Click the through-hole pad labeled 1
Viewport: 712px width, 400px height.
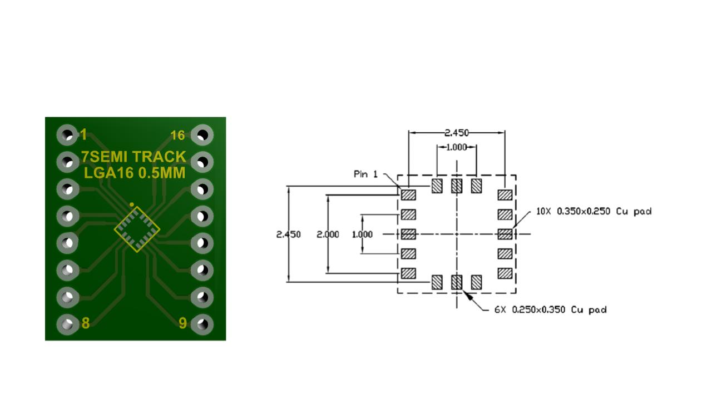click(x=67, y=135)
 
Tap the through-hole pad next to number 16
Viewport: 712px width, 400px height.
click(x=202, y=135)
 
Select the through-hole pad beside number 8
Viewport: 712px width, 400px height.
click(x=67, y=324)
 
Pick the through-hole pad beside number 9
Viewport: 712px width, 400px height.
click(x=202, y=324)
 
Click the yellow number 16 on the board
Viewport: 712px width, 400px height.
click(x=177, y=136)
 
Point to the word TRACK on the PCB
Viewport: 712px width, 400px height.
click(x=159, y=157)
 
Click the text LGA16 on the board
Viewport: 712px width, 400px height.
click(x=108, y=173)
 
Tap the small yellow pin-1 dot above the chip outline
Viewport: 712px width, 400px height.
click(x=132, y=204)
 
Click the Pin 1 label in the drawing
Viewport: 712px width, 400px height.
click(x=365, y=174)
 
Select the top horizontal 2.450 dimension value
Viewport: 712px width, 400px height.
click(x=457, y=133)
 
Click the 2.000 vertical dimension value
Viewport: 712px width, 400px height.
click(x=328, y=234)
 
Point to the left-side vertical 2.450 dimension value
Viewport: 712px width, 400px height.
click(x=288, y=234)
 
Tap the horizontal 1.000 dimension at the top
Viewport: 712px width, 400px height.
click(x=457, y=147)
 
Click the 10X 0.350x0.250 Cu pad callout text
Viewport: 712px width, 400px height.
click(x=594, y=212)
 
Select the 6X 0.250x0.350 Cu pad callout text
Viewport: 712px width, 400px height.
click(x=550, y=310)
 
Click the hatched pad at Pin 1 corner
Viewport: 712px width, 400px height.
click(x=408, y=195)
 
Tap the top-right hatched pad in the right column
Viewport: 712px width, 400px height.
click(x=505, y=195)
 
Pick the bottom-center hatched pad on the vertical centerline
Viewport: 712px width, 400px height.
click(x=457, y=282)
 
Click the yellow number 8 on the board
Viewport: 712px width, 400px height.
click(x=86, y=323)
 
